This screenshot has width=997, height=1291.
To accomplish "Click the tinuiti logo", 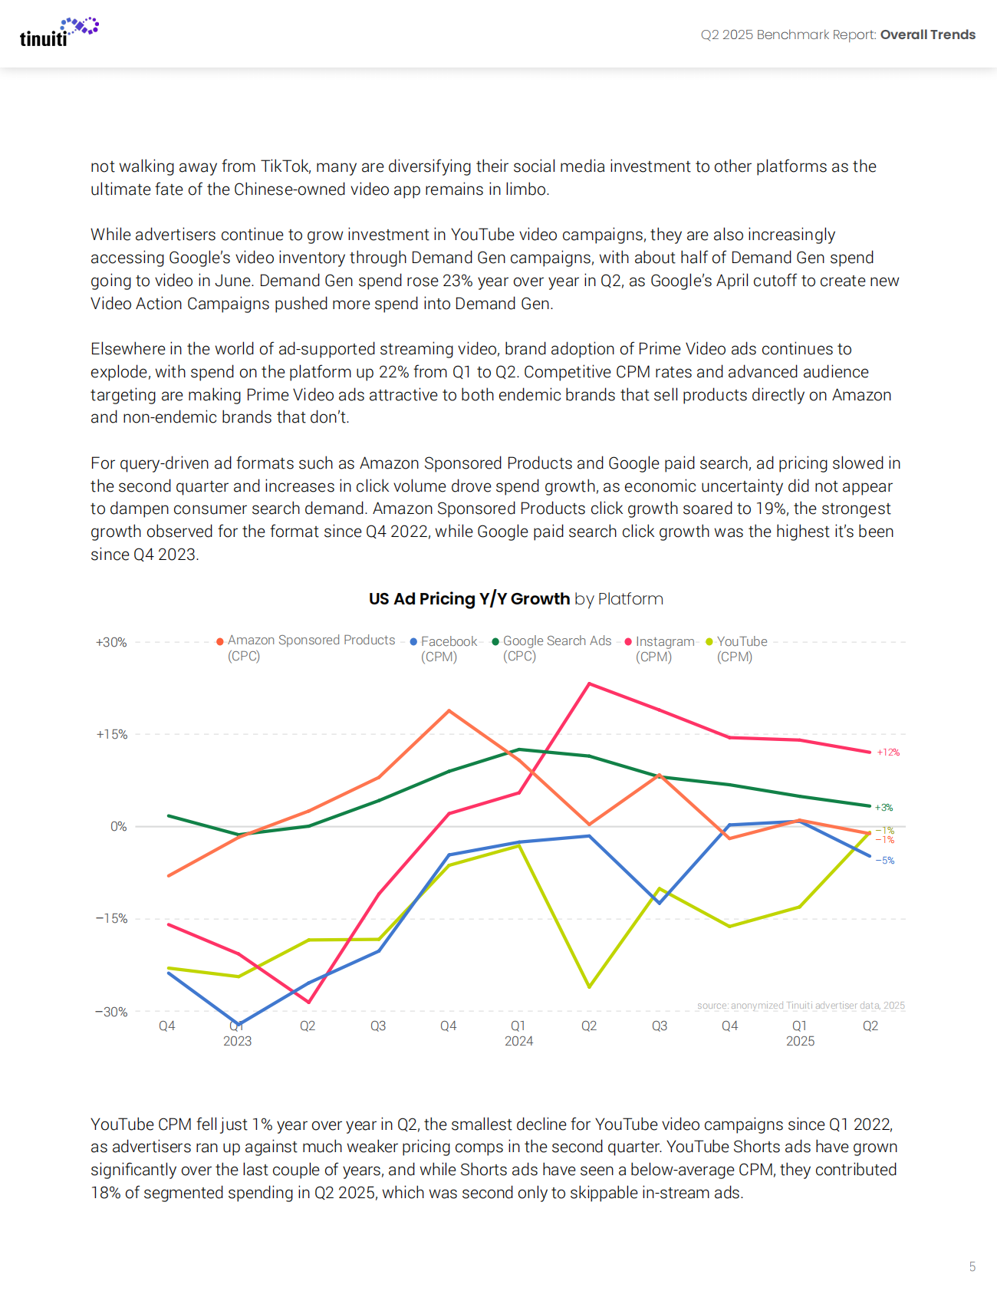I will pyautogui.click(x=58, y=32).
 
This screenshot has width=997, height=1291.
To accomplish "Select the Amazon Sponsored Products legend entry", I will pyautogui.click(x=311, y=641).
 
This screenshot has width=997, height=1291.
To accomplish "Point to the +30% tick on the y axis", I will pyautogui.click(x=111, y=642).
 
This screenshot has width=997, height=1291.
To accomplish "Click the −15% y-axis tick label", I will pyautogui.click(x=111, y=918).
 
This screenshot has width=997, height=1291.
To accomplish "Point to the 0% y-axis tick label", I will pyautogui.click(x=118, y=826).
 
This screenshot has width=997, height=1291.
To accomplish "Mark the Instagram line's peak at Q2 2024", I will pyautogui.click(x=589, y=683).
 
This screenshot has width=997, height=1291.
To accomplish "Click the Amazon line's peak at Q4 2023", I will pyautogui.click(x=449, y=711).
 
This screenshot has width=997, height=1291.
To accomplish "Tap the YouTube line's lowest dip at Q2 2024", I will pyautogui.click(x=589, y=986).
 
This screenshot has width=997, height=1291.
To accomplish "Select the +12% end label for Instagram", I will pyautogui.click(x=888, y=753).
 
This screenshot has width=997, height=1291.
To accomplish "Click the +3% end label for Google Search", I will pyautogui.click(x=884, y=808).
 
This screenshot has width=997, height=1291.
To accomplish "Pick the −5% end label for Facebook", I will pyautogui.click(x=885, y=861).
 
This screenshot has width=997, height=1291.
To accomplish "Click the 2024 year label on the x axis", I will pyautogui.click(x=518, y=1041).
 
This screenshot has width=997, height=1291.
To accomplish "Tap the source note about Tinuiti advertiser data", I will pyautogui.click(x=801, y=1005).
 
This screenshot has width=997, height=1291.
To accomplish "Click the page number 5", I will pyautogui.click(x=972, y=1266).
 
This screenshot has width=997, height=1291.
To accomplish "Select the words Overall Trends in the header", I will pyautogui.click(x=927, y=35).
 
